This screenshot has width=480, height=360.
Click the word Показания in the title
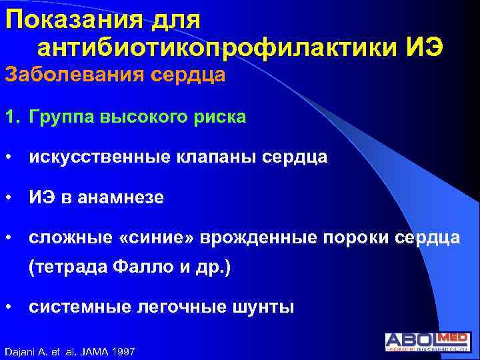click(x=73, y=20)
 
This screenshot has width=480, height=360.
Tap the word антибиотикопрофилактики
click(x=216, y=49)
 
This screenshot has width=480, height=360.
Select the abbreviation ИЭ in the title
click(x=424, y=49)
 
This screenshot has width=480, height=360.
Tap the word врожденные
click(x=257, y=239)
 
